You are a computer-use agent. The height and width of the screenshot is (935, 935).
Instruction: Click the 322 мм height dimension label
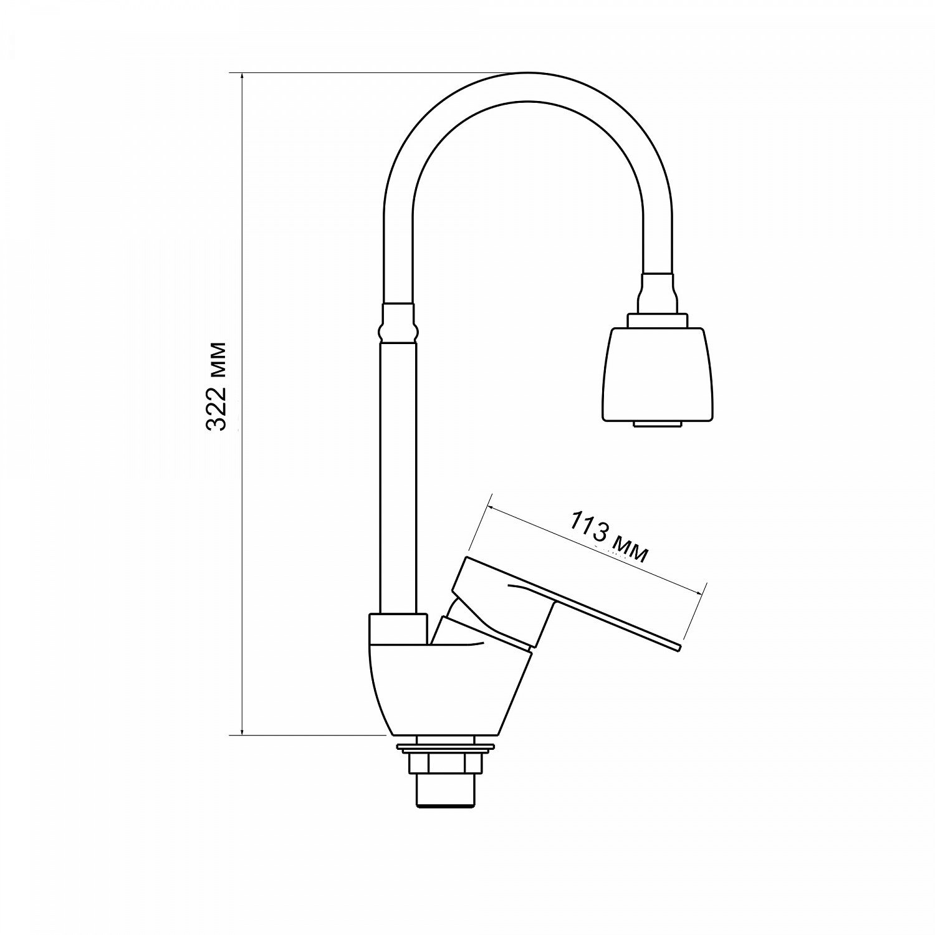pyautogui.click(x=216, y=386)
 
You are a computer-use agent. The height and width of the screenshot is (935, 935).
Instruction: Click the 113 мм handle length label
pyautogui.click(x=608, y=537)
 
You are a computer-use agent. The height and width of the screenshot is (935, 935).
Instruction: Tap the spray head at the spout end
pyautogui.click(x=658, y=374)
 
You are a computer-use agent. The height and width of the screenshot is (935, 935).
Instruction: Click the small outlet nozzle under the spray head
pyautogui.click(x=658, y=424)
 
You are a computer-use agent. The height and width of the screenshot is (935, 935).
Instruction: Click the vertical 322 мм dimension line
pyautogui.click(x=242, y=404)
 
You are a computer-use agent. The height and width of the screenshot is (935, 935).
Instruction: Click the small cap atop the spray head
pyautogui.click(x=658, y=320)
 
